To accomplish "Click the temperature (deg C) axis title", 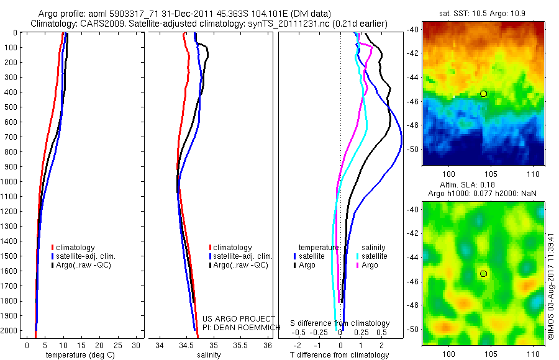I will click(x=76, y=355).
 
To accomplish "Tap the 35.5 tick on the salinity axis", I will click(x=241, y=345).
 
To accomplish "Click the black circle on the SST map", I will click(x=483, y=94).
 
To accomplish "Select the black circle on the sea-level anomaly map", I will click(x=483, y=274).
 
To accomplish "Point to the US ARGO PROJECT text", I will click(x=238, y=319).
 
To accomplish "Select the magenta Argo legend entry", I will click(x=366, y=265).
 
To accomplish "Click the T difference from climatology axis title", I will click(x=340, y=355).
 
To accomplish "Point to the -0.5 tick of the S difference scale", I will click(x=300, y=333).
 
